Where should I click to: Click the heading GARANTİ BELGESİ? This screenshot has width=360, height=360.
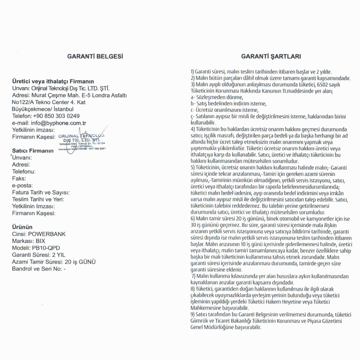tap(95, 56)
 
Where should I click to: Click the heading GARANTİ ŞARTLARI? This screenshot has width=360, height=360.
tap(271, 56)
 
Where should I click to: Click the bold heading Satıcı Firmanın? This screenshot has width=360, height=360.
tap(33, 150)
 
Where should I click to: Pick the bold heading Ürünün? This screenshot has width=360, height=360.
tap(22, 227)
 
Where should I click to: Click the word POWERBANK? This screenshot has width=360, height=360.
tap(47, 234)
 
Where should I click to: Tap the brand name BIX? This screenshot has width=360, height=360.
tap(40, 241)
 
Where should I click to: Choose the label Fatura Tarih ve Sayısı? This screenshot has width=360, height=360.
tap(41, 193)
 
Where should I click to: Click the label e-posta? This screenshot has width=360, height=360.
tap(22, 185)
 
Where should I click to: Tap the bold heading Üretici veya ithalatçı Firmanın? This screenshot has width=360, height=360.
tap(53, 81)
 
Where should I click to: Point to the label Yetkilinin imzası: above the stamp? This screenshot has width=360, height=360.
tap(33, 130)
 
